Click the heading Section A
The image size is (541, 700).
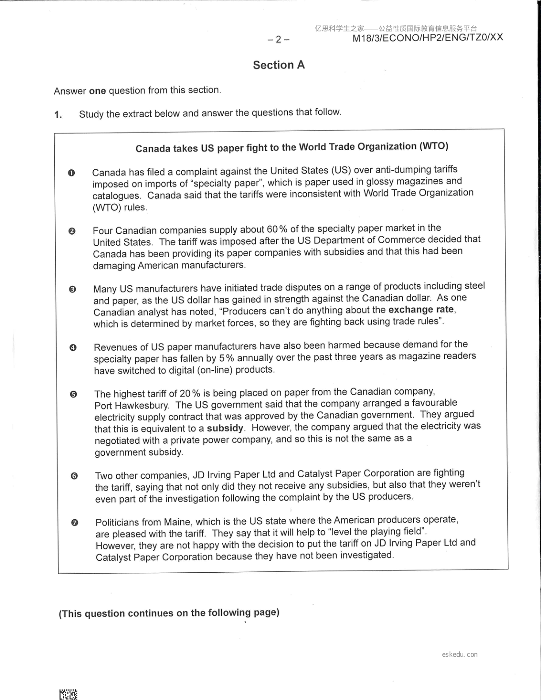[x=279, y=65]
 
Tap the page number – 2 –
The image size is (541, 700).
[x=278, y=39]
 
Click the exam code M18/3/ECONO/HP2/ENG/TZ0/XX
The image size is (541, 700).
[x=427, y=38]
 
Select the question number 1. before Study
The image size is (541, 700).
[x=58, y=115]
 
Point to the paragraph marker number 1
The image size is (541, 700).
[x=72, y=173]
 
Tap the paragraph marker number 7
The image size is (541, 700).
[x=74, y=523]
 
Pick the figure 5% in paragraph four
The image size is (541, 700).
[x=226, y=358]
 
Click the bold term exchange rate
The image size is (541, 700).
[x=421, y=310]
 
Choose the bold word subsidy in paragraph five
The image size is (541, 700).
[x=225, y=428]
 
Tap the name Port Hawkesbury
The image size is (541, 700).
[x=132, y=405]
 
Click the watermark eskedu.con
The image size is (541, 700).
[x=460, y=654]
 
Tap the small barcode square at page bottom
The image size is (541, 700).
[x=68, y=694]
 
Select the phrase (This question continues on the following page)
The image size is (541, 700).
[x=169, y=613]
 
